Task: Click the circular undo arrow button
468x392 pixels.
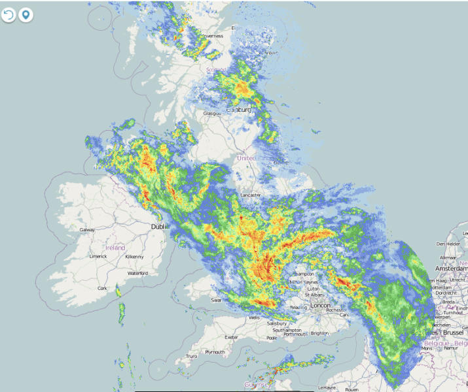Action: click(x=9, y=14)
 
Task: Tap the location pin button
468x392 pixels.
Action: click(x=26, y=14)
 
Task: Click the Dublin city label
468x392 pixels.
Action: click(x=159, y=226)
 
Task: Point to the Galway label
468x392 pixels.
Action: click(x=87, y=230)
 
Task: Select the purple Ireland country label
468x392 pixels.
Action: click(x=115, y=248)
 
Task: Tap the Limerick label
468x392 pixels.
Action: click(x=99, y=256)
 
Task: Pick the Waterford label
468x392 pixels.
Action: click(x=138, y=273)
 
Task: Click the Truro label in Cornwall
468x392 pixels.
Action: click(x=191, y=356)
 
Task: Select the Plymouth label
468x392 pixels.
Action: click(x=215, y=351)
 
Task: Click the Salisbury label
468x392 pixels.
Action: click(x=277, y=323)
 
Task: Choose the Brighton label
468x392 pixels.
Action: click(x=319, y=333)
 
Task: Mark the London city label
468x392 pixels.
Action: click(x=321, y=305)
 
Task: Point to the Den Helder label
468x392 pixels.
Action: click(x=448, y=244)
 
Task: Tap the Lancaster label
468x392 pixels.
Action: click(x=251, y=195)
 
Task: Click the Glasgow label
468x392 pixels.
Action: click(x=212, y=113)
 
